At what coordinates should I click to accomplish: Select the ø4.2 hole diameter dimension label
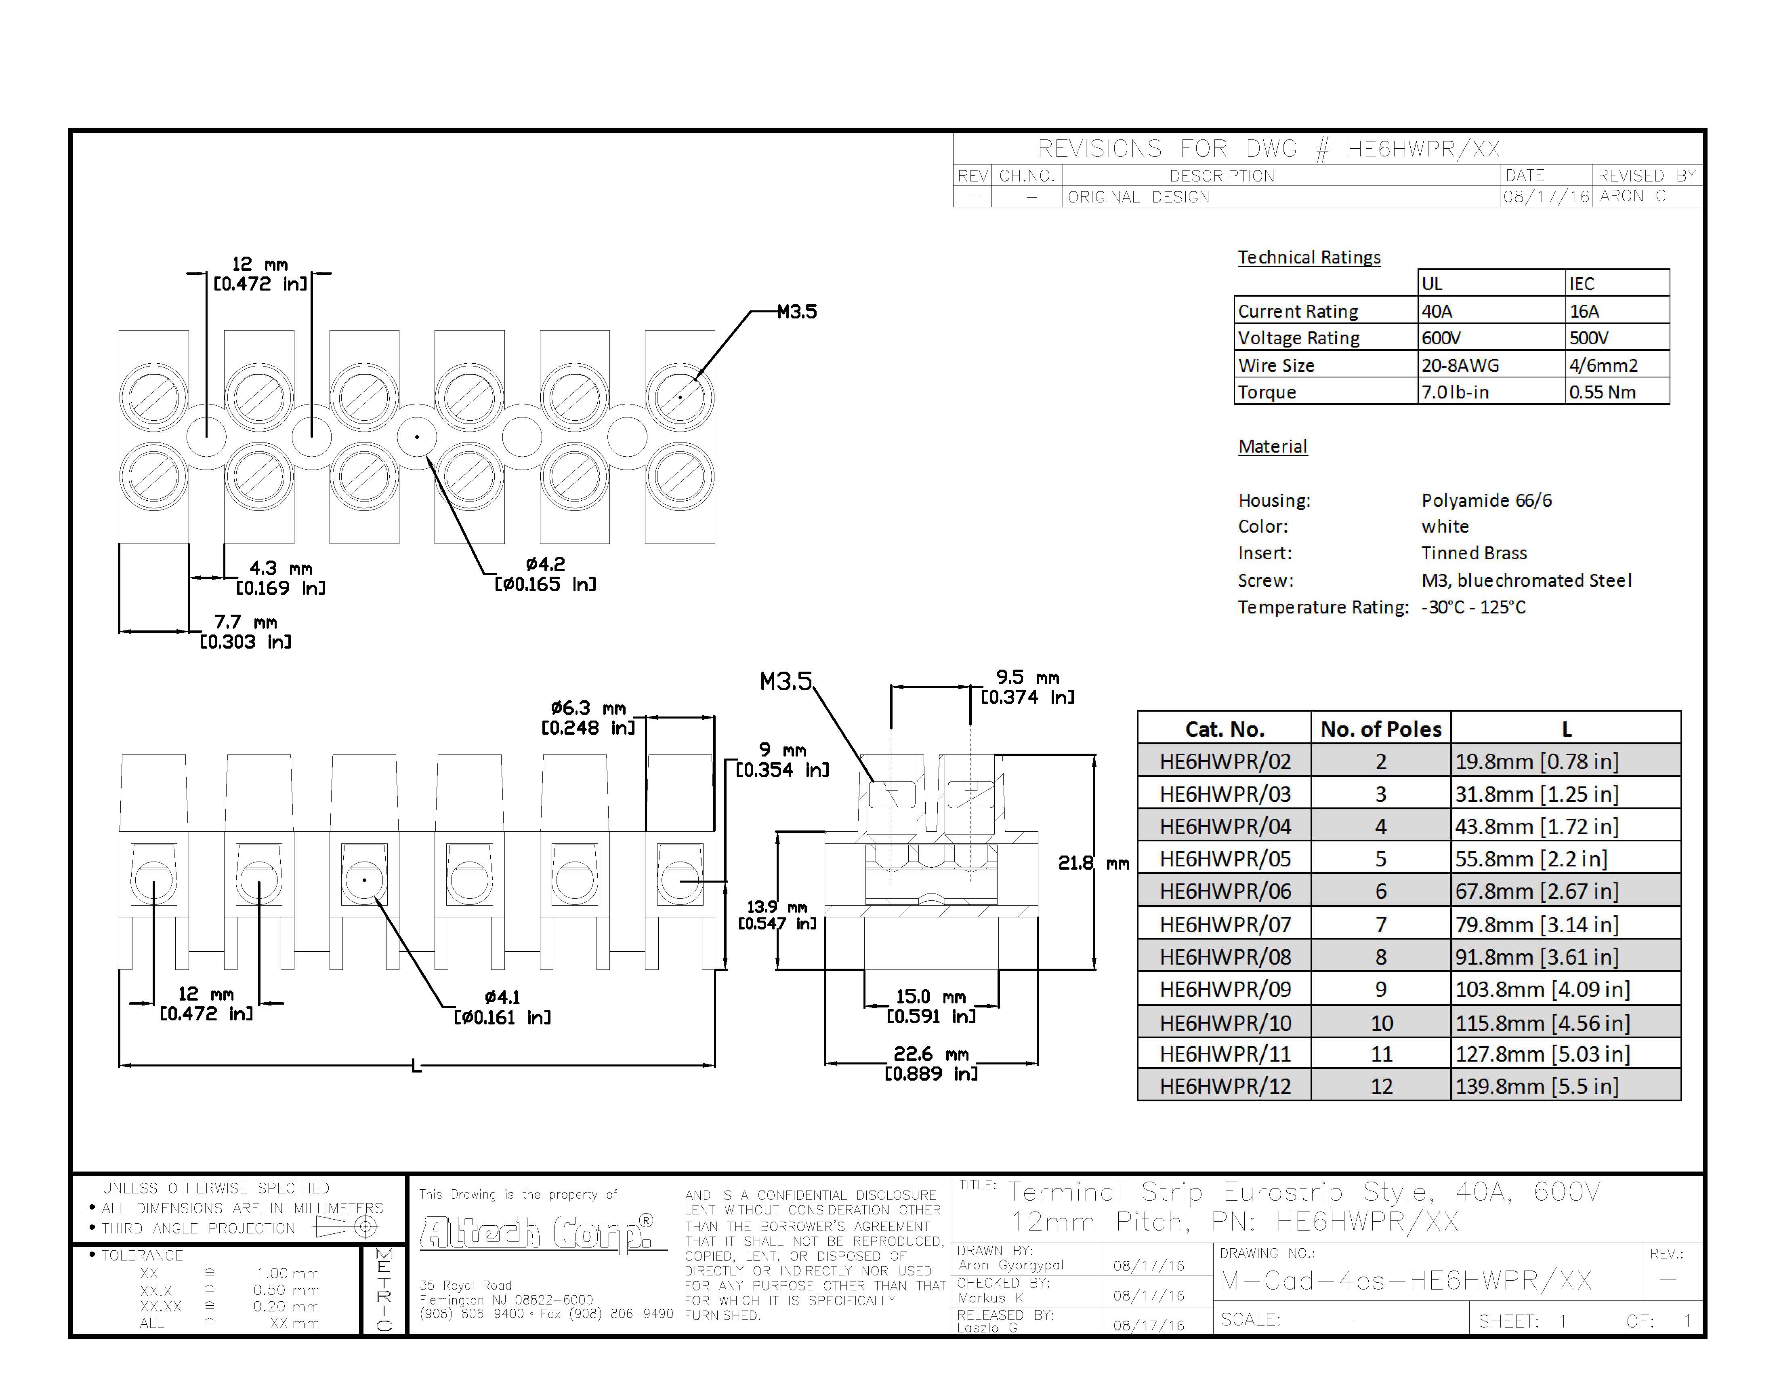click(x=545, y=574)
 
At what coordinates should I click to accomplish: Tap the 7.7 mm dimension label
click(x=246, y=632)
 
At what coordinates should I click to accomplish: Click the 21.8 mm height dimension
click(x=1094, y=863)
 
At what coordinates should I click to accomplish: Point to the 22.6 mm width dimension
click(x=931, y=1063)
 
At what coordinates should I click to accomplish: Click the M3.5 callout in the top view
click(x=796, y=312)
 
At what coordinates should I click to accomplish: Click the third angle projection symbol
click(x=347, y=1226)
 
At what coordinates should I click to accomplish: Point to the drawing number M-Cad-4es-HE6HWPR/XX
click(x=1406, y=1280)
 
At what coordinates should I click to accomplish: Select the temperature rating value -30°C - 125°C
click(x=1474, y=607)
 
